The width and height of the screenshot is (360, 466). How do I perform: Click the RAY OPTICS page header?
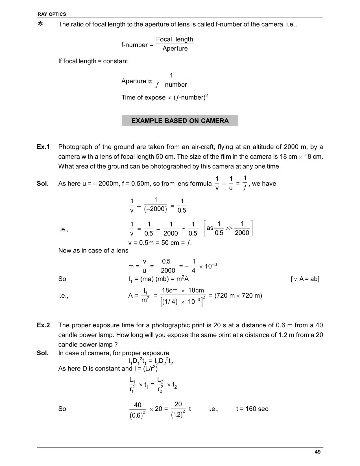52,14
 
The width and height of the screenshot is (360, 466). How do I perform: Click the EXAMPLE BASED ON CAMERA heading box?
180,121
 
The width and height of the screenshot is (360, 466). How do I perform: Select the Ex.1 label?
43,147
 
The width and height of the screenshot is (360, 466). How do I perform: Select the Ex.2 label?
43,325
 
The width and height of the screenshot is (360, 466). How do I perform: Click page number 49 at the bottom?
317,452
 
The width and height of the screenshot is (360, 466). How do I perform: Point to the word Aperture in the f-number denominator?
175,49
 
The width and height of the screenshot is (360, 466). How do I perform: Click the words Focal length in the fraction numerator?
174,39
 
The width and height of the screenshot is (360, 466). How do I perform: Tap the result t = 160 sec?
252,409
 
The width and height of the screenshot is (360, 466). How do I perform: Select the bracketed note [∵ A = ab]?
305,279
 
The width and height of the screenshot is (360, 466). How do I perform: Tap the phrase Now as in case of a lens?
93,251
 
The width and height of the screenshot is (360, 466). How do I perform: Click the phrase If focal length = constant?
93,61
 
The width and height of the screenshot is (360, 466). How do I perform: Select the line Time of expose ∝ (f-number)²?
165,97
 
